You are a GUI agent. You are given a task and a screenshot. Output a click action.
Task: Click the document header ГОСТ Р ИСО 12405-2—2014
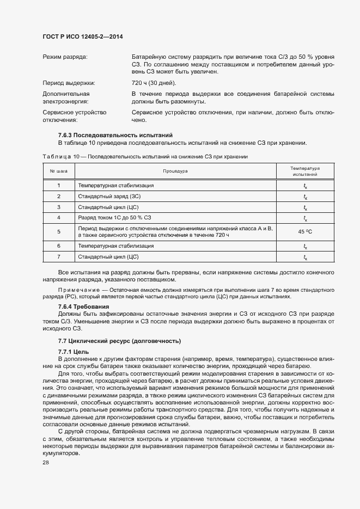82,36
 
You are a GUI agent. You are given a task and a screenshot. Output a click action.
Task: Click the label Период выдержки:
69,83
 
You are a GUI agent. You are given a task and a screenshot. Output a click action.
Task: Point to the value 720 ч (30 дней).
154,83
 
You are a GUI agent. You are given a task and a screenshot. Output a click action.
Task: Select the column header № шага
58,171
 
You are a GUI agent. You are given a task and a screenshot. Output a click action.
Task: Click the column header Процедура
175,171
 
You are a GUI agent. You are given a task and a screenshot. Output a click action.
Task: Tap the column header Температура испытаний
304,171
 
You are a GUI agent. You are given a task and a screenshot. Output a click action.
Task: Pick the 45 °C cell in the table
304,232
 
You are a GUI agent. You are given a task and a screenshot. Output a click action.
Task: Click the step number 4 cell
58,218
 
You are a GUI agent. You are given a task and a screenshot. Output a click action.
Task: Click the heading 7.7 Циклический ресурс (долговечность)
119,341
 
